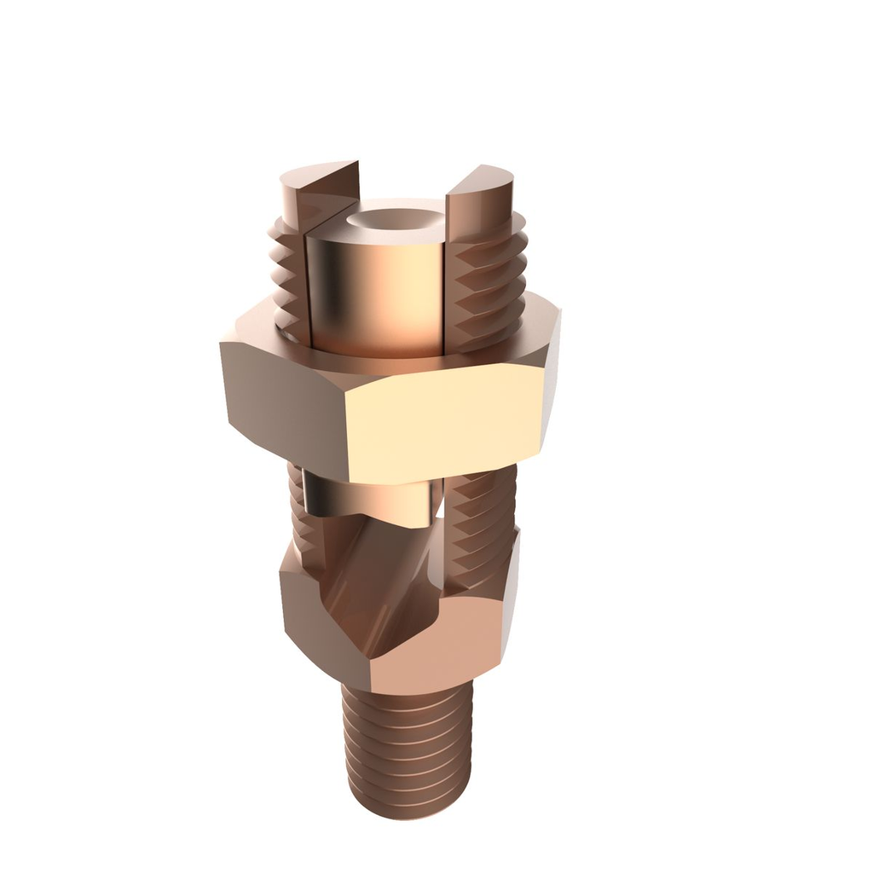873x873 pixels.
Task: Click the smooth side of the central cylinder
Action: [x=375, y=290]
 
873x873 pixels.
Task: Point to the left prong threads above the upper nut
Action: [x=288, y=273]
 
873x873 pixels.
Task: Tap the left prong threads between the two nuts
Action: [x=298, y=512]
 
